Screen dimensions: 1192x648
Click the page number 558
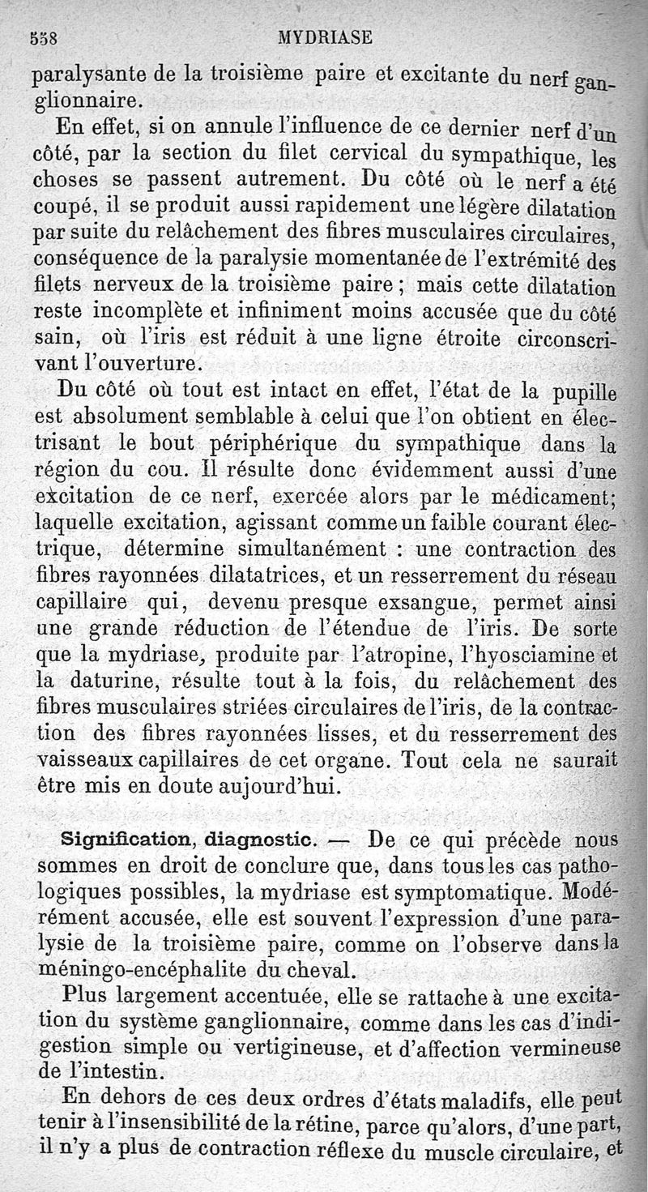(x=47, y=36)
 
